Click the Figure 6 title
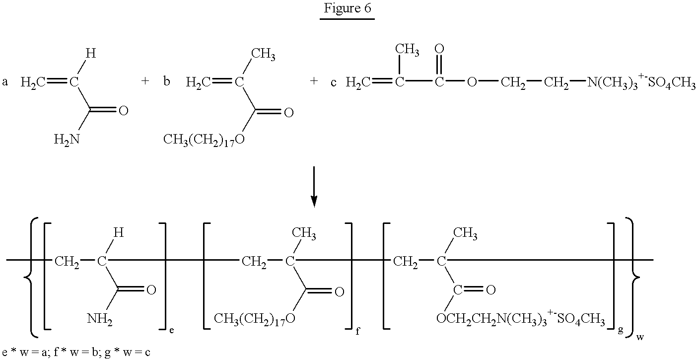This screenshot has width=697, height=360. coord(347,8)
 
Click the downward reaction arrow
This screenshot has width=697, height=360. coord(314,187)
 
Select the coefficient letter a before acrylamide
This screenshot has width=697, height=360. coord(5,82)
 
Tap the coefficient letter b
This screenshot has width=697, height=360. coord(167,81)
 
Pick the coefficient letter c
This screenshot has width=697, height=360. coord(333,82)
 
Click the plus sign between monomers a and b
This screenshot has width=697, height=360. coord(145,81)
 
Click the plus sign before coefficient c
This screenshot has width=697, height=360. coord(314,81)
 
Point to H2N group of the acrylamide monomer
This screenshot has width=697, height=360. coord(67,140)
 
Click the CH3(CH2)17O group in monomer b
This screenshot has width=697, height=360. coord(204,140)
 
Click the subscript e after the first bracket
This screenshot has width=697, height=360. coord(171,330)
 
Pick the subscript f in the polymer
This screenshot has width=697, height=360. coord(357,331)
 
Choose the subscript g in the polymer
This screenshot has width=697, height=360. coord(621,330)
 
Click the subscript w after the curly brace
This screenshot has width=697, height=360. coord(640,337)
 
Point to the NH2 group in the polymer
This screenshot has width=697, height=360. coord(100,319)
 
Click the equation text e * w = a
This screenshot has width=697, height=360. coord(24,352)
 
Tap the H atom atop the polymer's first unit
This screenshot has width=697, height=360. coord(118,232)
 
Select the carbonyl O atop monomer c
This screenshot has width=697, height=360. coord(439,49)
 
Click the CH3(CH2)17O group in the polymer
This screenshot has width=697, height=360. coord(255,319)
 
